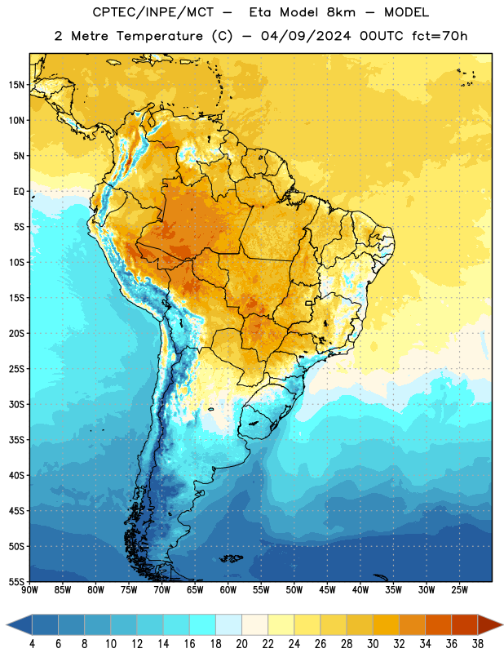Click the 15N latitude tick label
coord(16,85)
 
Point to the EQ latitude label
coord(19,192)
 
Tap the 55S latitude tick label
coord(16,582)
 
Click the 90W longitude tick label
coord(29,589)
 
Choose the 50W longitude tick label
coord(294,589)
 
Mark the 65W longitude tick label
coord(195,589)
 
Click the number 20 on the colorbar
coord(241,644)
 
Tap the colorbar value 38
coord(478,644)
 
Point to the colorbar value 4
coord(32,644)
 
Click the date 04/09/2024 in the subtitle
coord(306,36)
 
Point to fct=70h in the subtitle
coord(440,36)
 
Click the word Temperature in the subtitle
coord(159,37)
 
